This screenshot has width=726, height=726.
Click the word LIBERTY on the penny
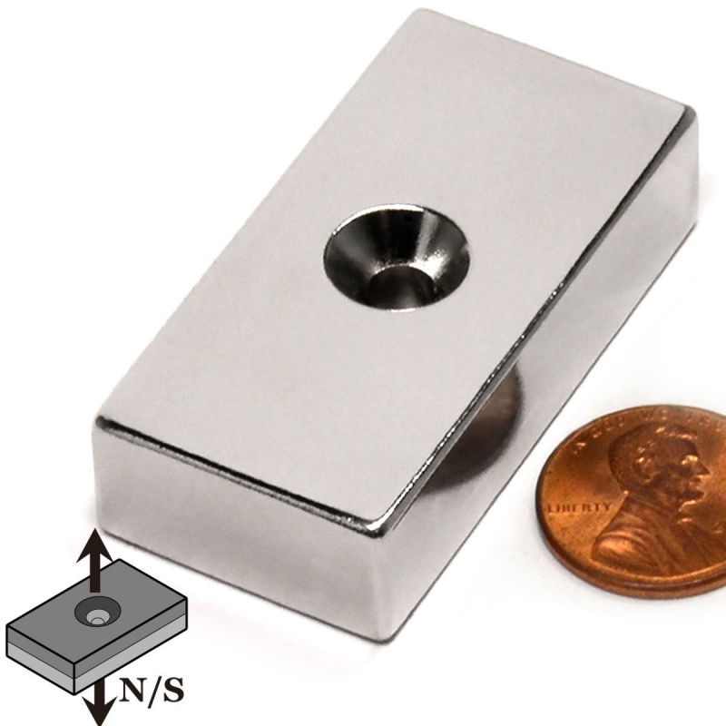pyautogui.click(x=579, y=507)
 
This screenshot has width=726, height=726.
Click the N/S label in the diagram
pyautogui.click(x=151, y=690)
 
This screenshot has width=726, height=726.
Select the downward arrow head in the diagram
pyautogui.click(x=99, y=710)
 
